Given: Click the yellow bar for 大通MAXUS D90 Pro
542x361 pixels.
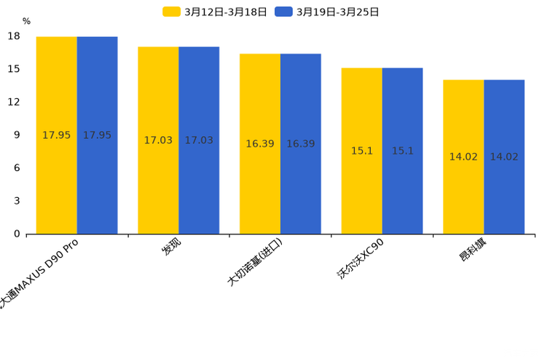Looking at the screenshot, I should [56, 135].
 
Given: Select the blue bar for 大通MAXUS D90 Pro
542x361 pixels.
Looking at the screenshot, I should [97, 135].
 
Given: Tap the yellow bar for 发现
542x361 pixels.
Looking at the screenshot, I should [158, 140].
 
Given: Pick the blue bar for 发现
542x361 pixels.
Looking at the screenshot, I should [199, 140].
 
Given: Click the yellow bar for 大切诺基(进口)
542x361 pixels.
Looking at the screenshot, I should [260, 143].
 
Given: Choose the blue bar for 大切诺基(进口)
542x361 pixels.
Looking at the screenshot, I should [301, 143].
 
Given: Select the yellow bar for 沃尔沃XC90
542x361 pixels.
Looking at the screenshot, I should [362, 151].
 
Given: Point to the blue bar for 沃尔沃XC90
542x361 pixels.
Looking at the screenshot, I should [402, 151].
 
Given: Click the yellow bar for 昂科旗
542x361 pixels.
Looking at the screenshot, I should [463, 156].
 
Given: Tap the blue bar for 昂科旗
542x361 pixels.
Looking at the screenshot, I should [504, 156].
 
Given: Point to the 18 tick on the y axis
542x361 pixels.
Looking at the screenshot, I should [14, 36].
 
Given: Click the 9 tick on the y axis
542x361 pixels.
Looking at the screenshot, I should [17, 135].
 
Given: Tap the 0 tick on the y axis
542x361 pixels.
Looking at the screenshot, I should [17, 234].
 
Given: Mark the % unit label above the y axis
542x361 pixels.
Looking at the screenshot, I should [26, 22].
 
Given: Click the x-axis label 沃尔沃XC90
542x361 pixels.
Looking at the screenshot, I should [361, 258].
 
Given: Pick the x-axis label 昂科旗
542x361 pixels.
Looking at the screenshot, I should [473, 250].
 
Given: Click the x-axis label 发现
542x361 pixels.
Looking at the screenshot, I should [172, 247].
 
